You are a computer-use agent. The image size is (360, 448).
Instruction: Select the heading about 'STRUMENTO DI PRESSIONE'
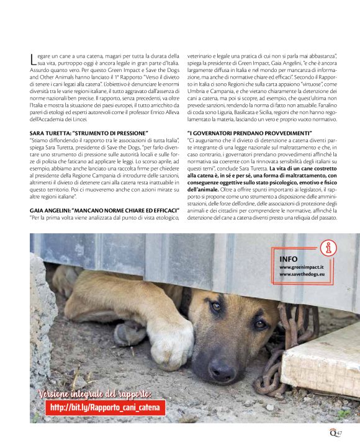[89, 133]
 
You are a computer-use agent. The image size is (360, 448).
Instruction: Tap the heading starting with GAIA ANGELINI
[101, 209]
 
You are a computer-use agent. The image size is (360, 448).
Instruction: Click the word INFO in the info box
[288, 259]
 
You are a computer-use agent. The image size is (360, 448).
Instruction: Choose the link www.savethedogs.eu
[303, 274]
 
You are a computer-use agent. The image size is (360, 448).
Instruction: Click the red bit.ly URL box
[106, 408]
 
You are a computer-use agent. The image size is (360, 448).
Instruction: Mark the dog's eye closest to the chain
[260, 323]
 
